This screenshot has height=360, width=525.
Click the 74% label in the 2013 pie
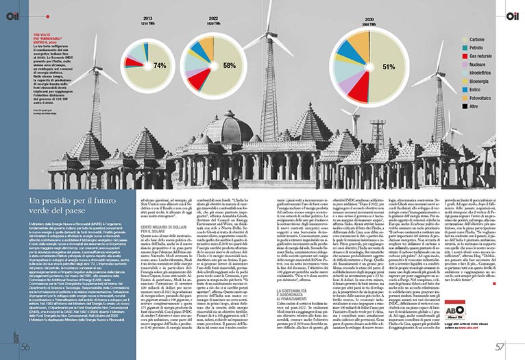[x=160, y=66]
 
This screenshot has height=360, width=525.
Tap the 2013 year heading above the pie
[x=148, y=19]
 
